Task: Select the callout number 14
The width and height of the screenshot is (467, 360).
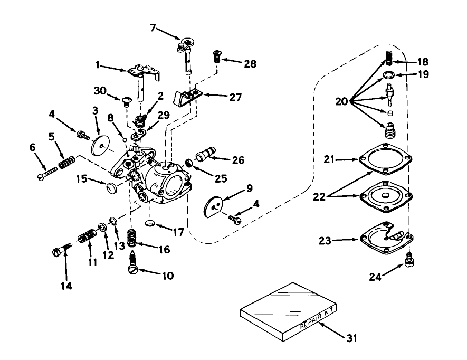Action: [66, 285]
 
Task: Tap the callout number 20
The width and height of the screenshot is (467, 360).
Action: [342, 101]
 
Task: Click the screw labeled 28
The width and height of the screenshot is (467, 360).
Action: [215, 54]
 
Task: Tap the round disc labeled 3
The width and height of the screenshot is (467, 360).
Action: [99, 144]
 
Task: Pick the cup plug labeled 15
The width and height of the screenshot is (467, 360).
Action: [111, 188]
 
